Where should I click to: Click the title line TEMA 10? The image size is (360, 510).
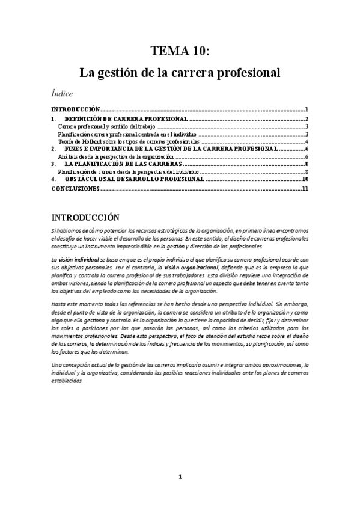180,52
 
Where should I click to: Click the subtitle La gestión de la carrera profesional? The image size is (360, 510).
180,73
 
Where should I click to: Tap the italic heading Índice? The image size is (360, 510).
63,94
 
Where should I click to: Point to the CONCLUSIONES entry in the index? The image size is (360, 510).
75,189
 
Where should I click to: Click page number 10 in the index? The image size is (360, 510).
305,179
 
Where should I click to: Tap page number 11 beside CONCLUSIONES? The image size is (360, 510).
305,189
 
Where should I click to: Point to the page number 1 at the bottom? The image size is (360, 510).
180,477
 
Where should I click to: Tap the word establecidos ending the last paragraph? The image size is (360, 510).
68,381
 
